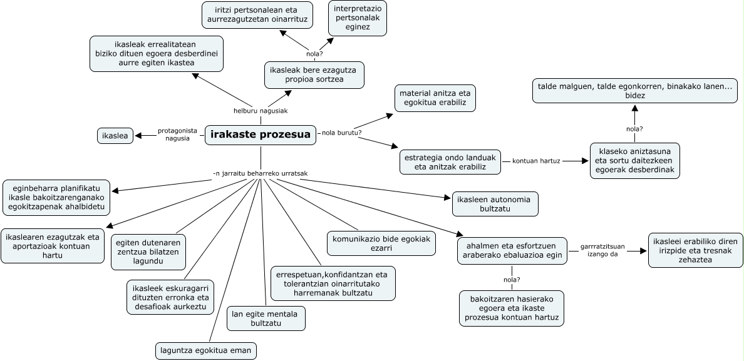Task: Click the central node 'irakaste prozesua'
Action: (x=261, y=135)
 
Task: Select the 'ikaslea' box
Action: (x=115, y=135)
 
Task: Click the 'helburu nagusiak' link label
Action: (x=252, y=111)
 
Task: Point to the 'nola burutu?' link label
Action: (x=341, y=133)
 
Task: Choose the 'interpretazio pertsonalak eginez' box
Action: (x=358, y=18)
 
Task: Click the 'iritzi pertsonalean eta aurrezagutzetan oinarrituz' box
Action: (x=257, y=15)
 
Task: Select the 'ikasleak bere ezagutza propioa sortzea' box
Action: (x=314, y=74)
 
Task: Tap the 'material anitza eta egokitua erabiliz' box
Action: (x=434, y=98)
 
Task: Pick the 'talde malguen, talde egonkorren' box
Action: (x=634, y=91)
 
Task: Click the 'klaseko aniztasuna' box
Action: (x=634, y=161)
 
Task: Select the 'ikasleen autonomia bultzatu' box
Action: (x=495, y=204)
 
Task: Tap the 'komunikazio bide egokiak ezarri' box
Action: (x=381, y=243)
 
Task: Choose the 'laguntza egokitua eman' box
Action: (x=205, y=350)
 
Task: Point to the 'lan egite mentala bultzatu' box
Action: (x=266, y=318)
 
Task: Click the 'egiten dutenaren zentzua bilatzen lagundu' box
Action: (x=148, y=252)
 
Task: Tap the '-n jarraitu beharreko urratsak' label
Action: (x=260, y=173)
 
